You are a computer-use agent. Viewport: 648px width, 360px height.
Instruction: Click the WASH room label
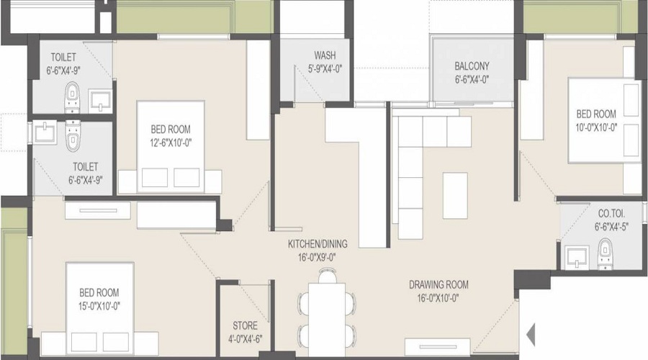pos(323,56)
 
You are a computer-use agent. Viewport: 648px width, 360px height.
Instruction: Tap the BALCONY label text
pos(472,66)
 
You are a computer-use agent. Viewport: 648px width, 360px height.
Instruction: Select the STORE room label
pos(245,326)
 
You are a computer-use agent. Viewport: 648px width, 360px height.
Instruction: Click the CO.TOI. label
pos(612,214)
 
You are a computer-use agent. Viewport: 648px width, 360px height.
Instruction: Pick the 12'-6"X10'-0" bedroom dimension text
pos(171,143)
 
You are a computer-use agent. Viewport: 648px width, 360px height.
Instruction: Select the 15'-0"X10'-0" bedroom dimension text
pos(99,306)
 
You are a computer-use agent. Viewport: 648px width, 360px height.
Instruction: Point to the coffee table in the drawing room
pos(454,194)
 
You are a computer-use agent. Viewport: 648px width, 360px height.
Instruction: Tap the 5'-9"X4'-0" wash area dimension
pos(323,70)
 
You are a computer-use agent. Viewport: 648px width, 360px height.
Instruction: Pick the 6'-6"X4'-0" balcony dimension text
pos(472,80)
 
